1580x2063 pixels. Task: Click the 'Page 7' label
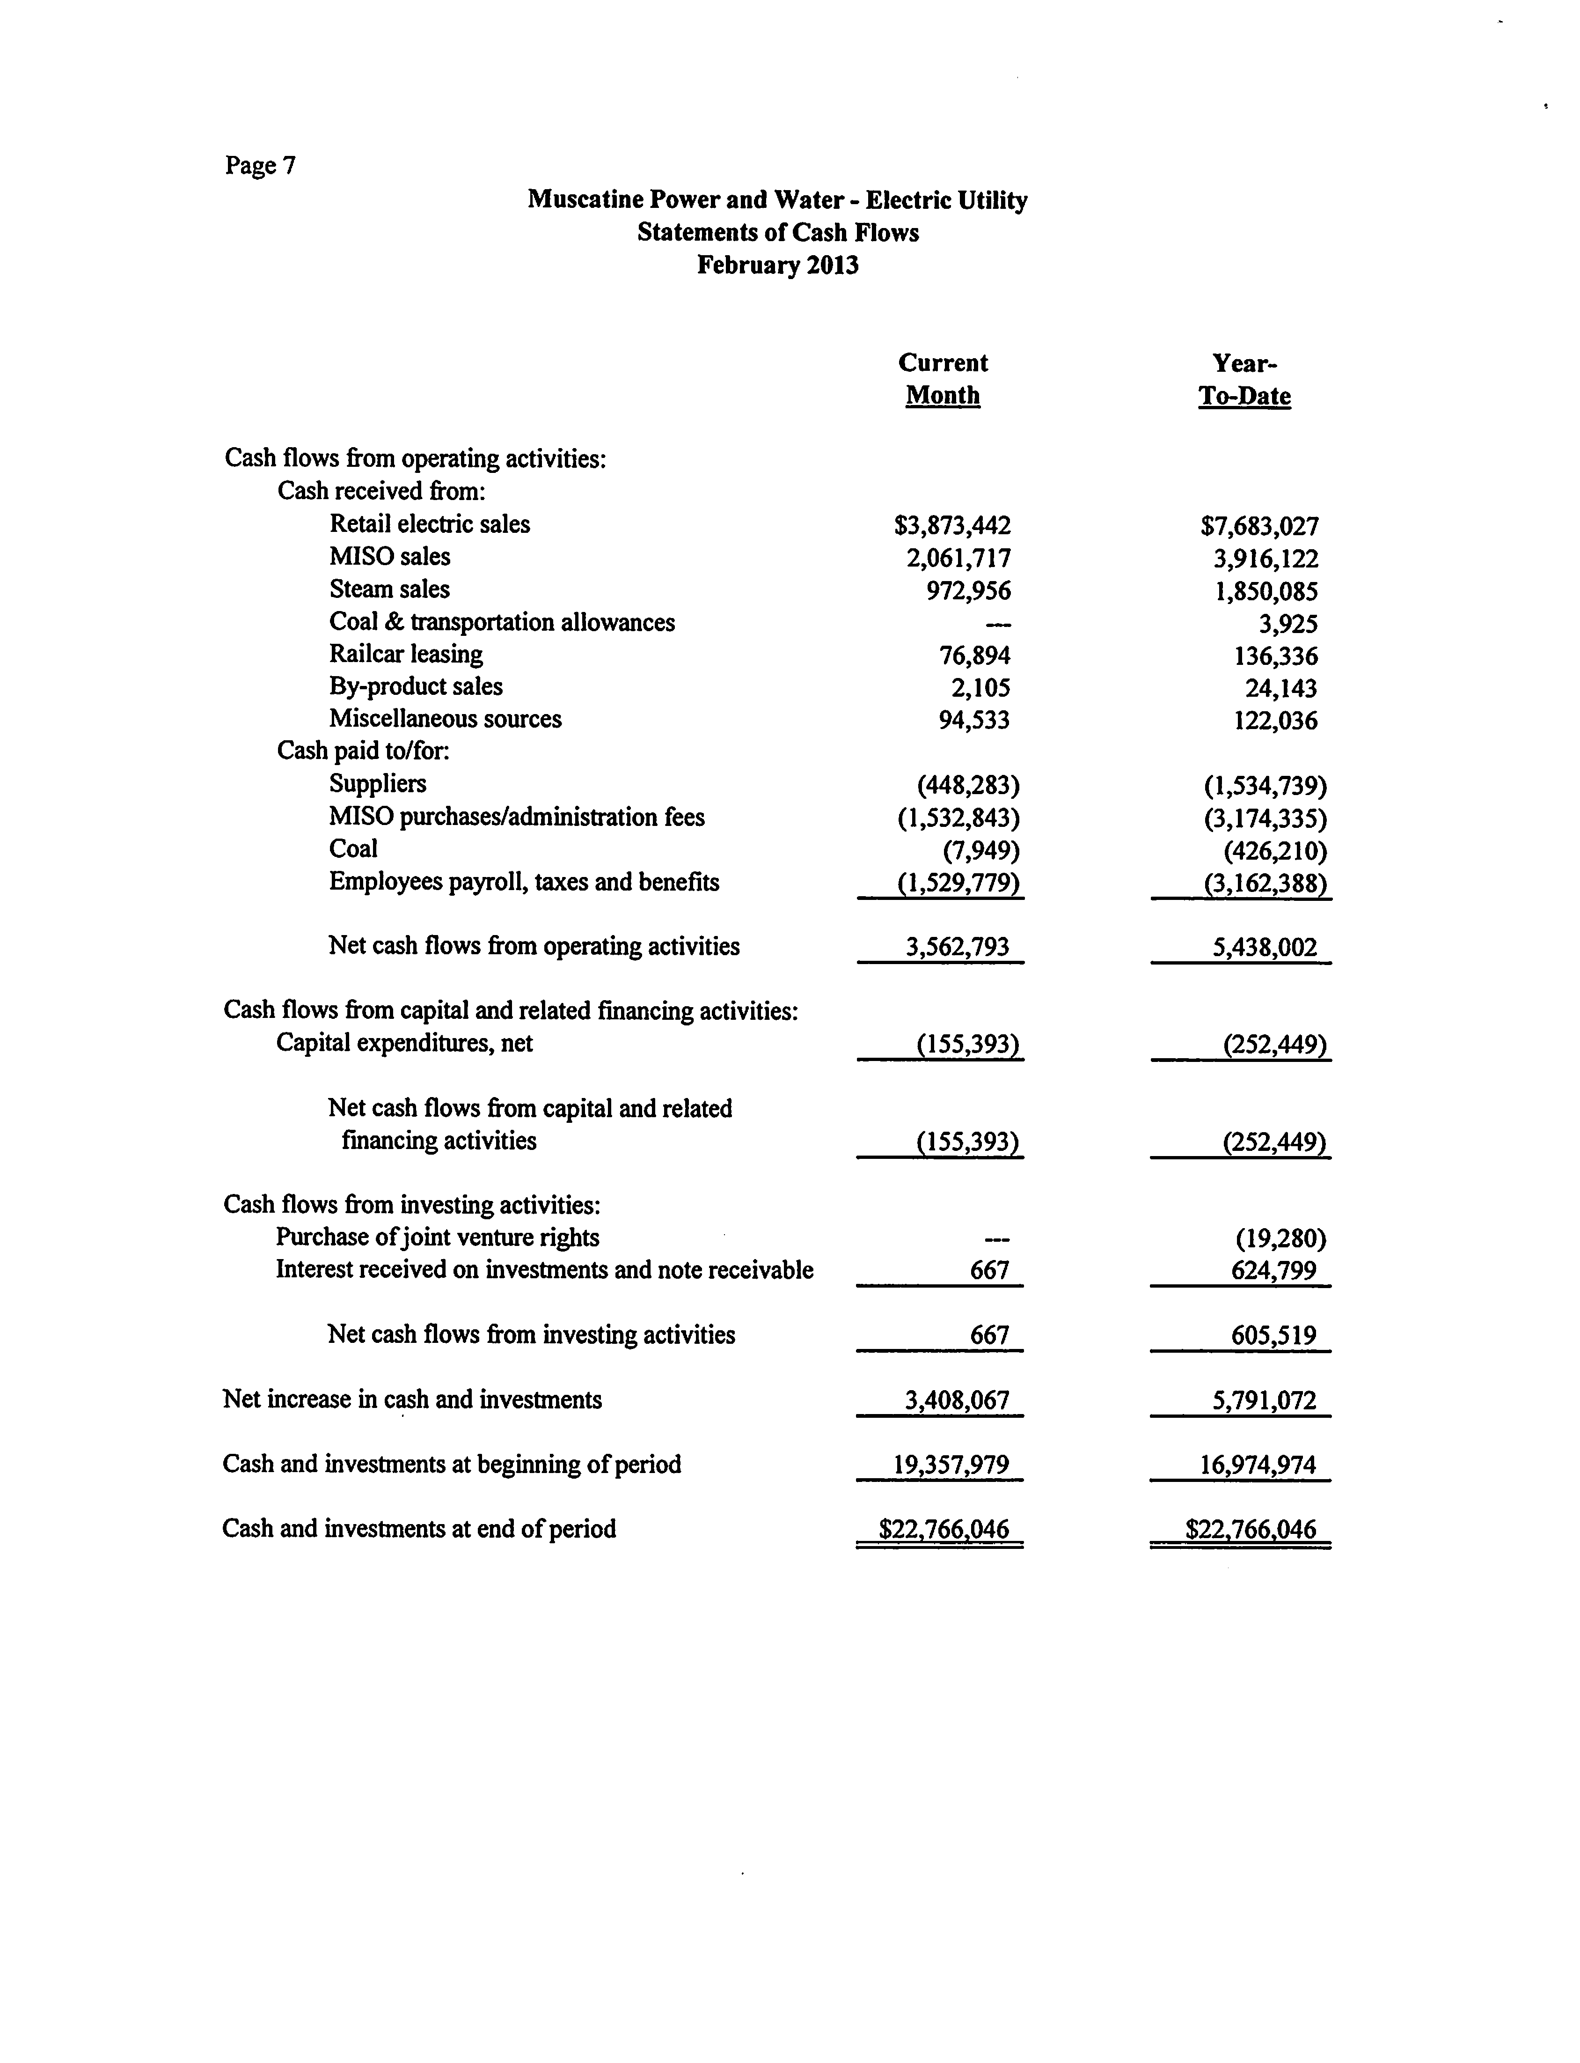click(x=261, y=166)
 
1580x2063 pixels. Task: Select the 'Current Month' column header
click(x=943, y=379)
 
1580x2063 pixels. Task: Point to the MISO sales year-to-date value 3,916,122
click(x=1265, y=559)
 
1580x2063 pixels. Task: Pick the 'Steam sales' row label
click(x=389, y=590)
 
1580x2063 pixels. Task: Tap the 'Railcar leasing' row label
click(x=406, y=655)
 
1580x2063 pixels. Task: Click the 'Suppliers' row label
click(x=377, y=784)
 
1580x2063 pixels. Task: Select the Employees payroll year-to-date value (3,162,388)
click(x=1265, y=884)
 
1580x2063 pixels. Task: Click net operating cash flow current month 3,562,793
click(x=958, y=947)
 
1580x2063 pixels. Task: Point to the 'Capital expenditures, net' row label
click(x=404, y=1043)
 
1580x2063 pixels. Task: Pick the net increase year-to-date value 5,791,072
click(x=1264, y=1401)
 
